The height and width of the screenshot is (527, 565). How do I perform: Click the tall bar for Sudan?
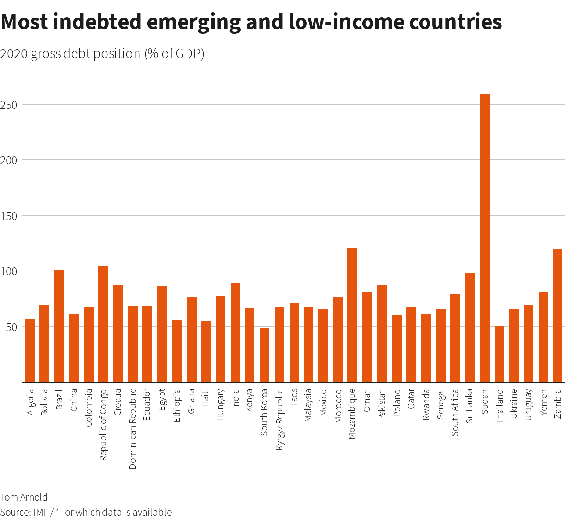[485, 238]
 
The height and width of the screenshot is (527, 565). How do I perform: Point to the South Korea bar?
[265, 355]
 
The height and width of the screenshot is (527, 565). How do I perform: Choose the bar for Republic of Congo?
[103, 324]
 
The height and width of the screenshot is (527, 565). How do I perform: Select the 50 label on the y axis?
[12, 327]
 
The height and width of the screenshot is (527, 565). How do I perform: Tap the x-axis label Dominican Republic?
[133, 429]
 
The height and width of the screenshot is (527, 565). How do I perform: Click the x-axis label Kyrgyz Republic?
[279, 420]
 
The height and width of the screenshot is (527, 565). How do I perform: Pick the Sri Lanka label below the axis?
[470, 406]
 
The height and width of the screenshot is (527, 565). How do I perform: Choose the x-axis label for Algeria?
[30, 402]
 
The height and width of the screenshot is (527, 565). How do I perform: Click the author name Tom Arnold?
[24, 497]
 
